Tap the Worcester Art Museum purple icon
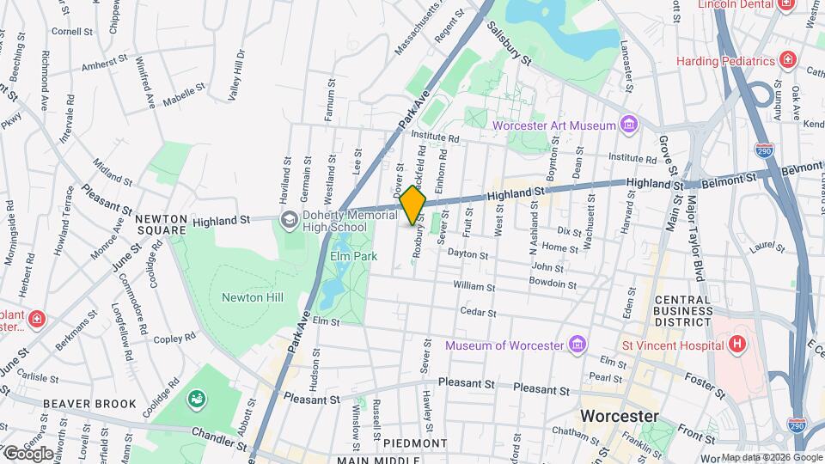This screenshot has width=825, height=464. (x=630, y=125)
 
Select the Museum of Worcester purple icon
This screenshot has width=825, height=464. (x=577, y=345)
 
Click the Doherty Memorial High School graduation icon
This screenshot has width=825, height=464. (x=290, y=220)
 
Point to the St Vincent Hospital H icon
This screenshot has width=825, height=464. (x=736, y=345)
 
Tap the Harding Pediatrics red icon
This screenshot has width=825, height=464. (x=786, y=60)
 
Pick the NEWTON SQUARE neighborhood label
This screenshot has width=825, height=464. (x=161, y=224)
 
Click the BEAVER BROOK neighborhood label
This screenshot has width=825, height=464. (x=90, y=404)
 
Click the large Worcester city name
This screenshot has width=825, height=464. (x=620, y=416)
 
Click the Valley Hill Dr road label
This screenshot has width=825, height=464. (x=235, y=76)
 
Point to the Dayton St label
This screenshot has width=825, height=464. (x=467, y=255)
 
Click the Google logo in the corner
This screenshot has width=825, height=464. (x=27, y=453)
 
